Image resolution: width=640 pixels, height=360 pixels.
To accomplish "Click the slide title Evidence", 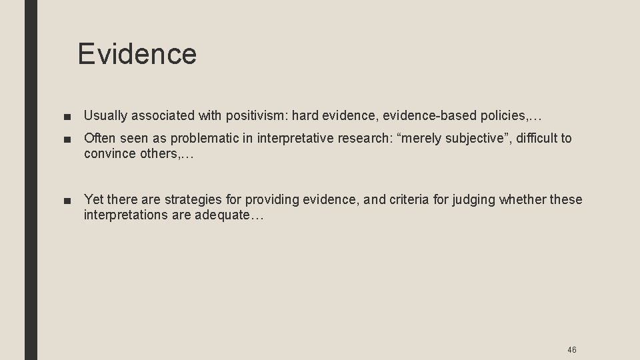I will tap(137, 54).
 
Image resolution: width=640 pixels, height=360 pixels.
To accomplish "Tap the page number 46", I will tap(571, 349).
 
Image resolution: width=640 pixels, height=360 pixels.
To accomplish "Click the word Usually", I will tap(107, 117).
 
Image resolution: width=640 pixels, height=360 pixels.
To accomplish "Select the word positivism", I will tap(257, 117).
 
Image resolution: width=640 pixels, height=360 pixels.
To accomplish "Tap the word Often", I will tap(100, 139).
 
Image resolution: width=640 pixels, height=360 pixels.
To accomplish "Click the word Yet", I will tap(95, 200).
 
